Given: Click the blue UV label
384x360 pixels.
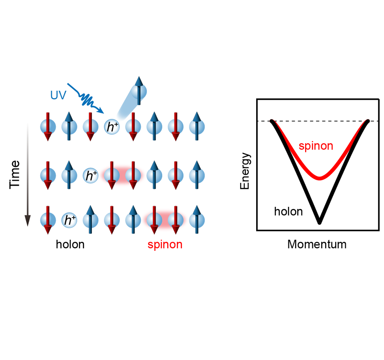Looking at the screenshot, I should [58, 95].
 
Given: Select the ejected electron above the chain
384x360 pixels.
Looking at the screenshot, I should [139, 91].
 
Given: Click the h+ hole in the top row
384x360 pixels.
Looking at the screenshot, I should [112, 127].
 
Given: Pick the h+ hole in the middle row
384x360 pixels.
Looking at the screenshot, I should [91, 175].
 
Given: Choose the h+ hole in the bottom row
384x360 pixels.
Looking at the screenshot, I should [69, 220].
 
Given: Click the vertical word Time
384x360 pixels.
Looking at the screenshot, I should [14, 175].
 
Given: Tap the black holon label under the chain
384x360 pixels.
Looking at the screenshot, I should [70, 244].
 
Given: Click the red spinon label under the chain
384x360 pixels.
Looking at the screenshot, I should [165, 244].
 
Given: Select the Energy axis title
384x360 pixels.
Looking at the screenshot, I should [245, 171].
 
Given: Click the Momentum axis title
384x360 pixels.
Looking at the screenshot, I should [317, 244].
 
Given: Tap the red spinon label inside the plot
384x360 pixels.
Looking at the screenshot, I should [316, 146].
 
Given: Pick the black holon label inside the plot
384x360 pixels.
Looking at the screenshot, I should [288, 212].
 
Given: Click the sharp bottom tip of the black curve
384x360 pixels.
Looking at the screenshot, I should [319, 222].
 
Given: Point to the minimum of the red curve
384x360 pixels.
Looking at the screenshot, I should [320, 178].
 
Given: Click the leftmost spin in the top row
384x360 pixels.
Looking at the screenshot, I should [48, 127].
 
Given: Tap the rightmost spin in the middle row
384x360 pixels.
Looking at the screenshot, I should [197, 175].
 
